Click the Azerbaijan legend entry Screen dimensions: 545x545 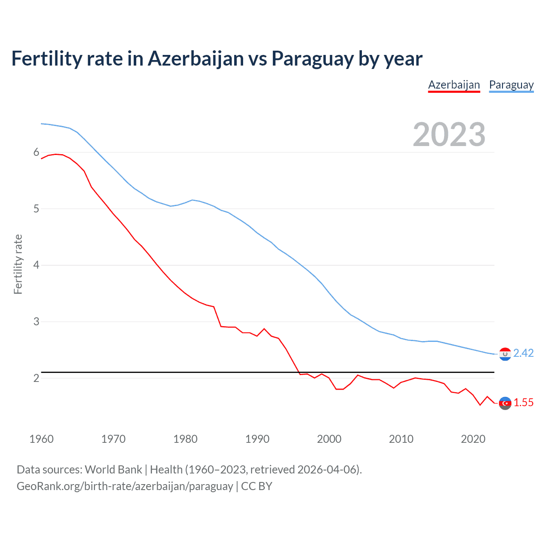(454, 85)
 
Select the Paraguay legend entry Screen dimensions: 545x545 (511, 85)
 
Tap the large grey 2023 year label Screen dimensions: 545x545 (449, 135)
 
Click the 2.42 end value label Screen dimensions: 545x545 (523, 353)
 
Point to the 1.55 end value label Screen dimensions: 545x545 (523, 403)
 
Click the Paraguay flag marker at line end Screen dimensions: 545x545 (505, 354)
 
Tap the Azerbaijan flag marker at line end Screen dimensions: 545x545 (505, 403)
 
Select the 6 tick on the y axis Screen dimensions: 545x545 (36, 152)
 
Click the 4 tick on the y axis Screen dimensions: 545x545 (36, 265)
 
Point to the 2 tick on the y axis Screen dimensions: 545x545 (36, 378)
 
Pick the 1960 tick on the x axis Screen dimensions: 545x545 (41, 439)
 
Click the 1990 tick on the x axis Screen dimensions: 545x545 (257, 439)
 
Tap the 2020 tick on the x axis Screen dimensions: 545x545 (473, 439)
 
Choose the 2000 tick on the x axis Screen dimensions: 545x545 (329, 439)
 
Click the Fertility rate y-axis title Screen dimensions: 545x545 (18, 264)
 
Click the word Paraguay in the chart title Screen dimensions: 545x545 (312, 59)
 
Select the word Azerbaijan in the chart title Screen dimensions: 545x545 (196, 59)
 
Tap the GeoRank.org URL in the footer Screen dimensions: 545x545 (125, 486)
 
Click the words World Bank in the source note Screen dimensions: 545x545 (113, 470)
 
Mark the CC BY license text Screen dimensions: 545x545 (256, 486)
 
